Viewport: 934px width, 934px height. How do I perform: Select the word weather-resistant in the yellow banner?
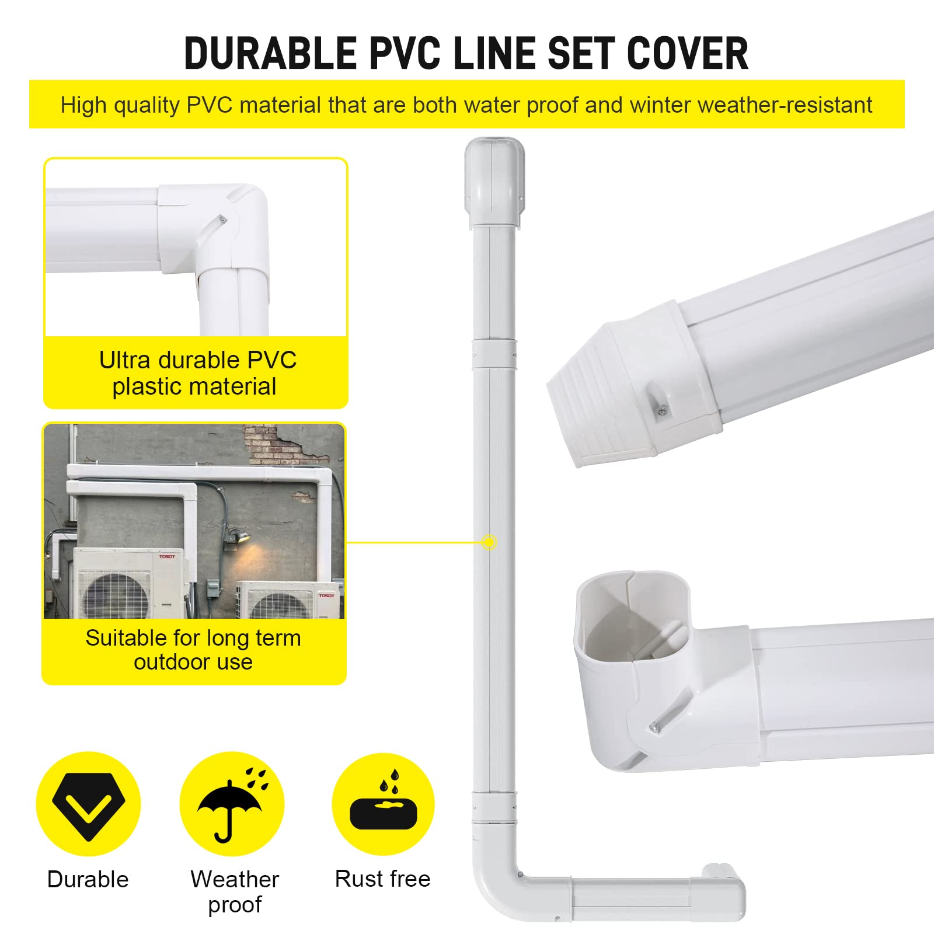pyautogui.click(x=785, y=106)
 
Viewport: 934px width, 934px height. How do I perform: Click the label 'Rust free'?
pyautogui.click(x=382, y=879)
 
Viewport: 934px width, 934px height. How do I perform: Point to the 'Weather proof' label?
pyautogui.click(x=235, y=891)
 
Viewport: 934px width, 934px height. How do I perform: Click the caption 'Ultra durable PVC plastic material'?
pyautogui.click(x=197, y=373)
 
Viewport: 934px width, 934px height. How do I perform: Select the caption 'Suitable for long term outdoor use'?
pyautogui.click(x=193, y=650)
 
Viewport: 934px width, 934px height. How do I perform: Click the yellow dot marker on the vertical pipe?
pyautogui.click(x=489, y=543)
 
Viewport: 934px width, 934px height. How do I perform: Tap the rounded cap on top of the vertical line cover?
pyautogui.click(x=494, y=181)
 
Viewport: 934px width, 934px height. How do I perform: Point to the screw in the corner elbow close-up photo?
pyautogui.click(x=222, y=219)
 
